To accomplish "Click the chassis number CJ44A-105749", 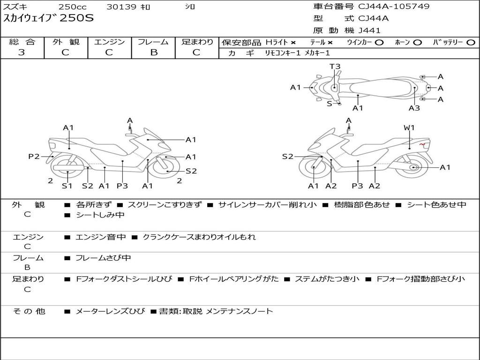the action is (x=394, y=7).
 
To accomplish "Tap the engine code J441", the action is (x=369, y=30).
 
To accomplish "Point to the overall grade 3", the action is (x=22, y=52).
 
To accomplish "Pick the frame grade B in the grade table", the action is (x=153, y=52).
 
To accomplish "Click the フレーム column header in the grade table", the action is (x=153, y=42).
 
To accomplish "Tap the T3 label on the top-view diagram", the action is (x=335, y=67).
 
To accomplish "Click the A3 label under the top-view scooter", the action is (x=414, y=108).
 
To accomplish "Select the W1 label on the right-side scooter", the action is (x=409, y=127).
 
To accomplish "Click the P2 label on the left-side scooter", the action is (x=34, y=157).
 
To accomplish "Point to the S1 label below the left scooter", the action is (x=67, y=186).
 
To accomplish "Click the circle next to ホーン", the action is (x=417, y=42).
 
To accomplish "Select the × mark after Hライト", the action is (x=293, y=42).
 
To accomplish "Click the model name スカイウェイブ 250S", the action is (x=49, y=19).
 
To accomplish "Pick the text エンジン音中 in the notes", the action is (x=101, y=237).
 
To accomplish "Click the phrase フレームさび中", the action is (x=103, y=258).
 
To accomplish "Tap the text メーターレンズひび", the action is (x=111, y=311).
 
